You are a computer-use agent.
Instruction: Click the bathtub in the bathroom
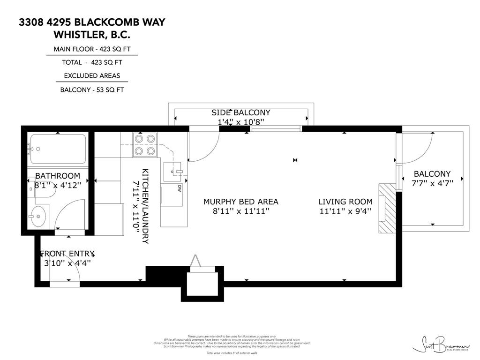[58, 149]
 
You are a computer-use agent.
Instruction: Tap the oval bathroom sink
[38, 216]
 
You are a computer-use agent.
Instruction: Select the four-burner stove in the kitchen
[145, 145]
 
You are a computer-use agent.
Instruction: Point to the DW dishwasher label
[180, 188]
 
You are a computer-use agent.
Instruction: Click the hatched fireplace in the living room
[387, 208]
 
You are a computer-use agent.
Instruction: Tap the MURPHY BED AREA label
[240, 202]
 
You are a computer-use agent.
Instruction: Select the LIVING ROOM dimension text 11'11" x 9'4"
[345, 211]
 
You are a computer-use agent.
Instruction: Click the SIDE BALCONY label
[241, 112]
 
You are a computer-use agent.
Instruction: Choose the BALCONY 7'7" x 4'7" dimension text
[432, 183]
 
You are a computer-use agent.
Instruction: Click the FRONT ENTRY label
[67, 253]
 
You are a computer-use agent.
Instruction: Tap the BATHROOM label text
[58, 176]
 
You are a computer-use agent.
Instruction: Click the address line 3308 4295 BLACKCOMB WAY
[92, 22]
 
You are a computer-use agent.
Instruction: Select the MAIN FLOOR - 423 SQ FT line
[92, 49]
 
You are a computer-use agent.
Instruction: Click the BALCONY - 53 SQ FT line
[92, 90]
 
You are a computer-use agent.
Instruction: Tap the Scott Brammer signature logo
[440, 345]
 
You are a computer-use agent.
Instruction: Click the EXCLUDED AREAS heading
[92, 75]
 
